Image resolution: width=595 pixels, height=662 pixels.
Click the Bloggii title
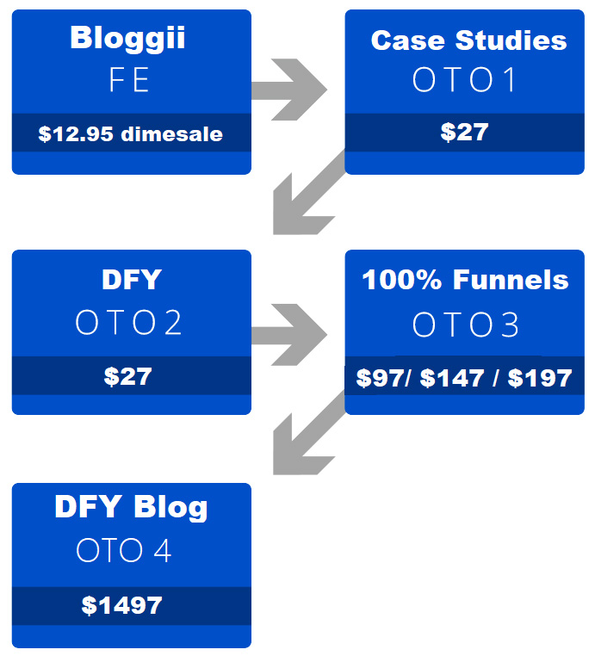tap(127, 39)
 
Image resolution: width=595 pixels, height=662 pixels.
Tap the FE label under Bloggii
tap(129, 79)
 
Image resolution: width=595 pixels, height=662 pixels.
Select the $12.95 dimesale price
tap(131, 133)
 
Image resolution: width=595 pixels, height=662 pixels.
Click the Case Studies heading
tap(468, 40)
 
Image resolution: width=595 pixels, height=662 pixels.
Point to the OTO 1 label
tap(464, 79)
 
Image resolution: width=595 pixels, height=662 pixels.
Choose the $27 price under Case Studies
tap(464, 132)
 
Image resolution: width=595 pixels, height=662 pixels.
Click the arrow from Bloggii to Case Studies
tap(289, 90)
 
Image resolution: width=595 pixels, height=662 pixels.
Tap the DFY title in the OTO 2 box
tap(132, 279)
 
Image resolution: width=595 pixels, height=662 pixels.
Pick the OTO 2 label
tap(128, 322)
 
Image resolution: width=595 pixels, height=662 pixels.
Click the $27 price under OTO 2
tap(127, 376)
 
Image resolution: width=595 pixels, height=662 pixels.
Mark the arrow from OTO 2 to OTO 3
tap(289, 334)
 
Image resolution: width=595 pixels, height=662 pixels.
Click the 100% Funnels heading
tap(465, 280)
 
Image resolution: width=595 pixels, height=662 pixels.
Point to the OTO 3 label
tap(465, 325)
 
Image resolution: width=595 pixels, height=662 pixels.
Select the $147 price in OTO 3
tap(452, 378)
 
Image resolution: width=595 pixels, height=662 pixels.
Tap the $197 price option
tap(540, 378)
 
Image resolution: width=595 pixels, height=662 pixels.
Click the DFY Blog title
tap(131, 507)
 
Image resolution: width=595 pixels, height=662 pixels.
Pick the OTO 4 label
tap(124, 550)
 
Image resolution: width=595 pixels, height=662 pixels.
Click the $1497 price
tap(121, 605)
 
